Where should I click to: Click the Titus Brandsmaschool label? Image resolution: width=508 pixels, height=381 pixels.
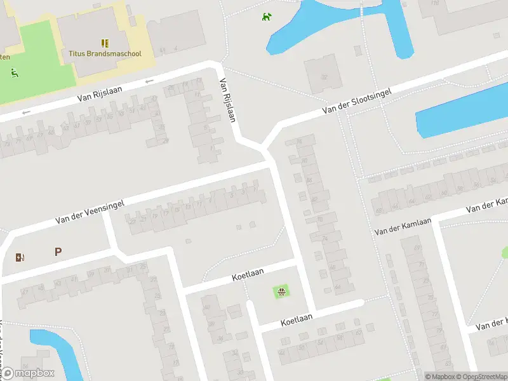105,54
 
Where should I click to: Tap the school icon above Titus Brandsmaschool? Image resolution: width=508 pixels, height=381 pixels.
105,43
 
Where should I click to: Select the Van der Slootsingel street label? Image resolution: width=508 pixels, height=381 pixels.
356,101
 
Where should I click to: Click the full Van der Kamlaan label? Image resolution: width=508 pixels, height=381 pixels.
403,225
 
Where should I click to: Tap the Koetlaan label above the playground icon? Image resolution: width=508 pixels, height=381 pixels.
248,277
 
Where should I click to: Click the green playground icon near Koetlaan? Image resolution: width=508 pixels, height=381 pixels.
281,292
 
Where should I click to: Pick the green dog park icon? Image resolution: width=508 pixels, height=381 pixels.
268,17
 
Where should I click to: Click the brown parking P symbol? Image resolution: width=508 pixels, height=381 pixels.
58,251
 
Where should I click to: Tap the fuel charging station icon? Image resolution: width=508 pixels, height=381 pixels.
20,257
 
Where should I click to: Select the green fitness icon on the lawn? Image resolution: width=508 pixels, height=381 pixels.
14,72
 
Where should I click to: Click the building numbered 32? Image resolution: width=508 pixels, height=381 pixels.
324,77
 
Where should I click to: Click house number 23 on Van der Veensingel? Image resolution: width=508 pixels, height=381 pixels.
131,221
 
